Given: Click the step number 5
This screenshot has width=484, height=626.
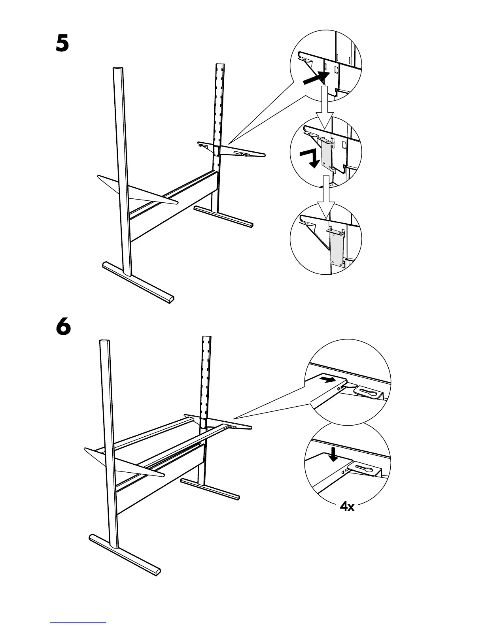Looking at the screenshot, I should tap(62, 43).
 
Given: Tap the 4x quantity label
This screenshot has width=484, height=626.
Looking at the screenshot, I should tap(347, 506).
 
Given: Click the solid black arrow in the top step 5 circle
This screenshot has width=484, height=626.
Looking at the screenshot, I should tap(316, 78).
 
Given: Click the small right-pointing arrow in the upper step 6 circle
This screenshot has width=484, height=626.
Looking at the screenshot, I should tap(329, 380).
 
